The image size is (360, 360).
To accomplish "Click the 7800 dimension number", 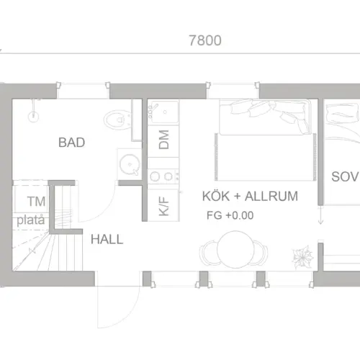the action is [x=205, y=40].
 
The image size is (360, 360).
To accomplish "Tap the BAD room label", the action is [x=71, y=143].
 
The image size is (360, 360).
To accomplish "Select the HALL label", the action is [x=107, y=239].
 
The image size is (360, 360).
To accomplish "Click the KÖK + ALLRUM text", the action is [x=250, y=196].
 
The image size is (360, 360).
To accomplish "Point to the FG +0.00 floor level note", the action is [x=230, y=215].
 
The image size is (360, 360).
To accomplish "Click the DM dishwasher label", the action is [x=164, y=140].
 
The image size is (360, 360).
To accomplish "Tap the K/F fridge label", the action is [x=164, y=206].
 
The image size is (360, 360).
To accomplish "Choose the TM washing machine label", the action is [x=36, y=201].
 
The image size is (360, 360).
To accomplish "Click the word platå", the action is [x=31, y=220].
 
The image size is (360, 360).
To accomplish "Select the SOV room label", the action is [x=345, y=177].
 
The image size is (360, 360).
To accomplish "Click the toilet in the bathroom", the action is [x=117, y=120].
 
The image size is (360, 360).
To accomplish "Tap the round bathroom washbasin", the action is [x=130, y=164].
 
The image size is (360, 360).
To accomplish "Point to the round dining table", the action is [x=235, y=249].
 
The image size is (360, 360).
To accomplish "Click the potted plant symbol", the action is [x=302, y=257].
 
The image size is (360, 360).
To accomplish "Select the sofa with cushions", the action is [x=265, y=117].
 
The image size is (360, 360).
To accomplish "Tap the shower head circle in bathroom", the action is [x=33, y=117].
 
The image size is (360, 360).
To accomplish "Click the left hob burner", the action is [x=155, y=176].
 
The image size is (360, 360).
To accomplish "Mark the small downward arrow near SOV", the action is [x=320, y=215].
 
